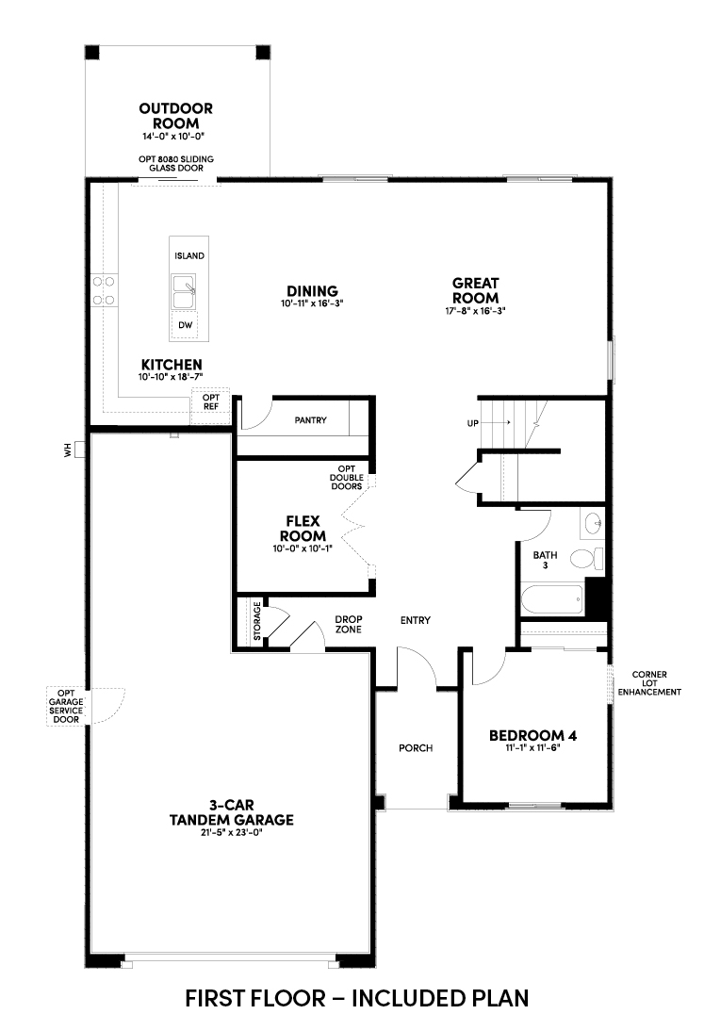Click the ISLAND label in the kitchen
click(189, 256)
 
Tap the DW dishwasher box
click(186, 324)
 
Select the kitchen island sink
click(184, 291)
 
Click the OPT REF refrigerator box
click(211, 406)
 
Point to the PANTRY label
click(310, 420)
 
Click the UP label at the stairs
click(472, 423)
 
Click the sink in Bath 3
click(592, 524)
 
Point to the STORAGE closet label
click(256, 621)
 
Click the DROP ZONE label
click(349, 624)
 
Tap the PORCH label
click(416, 748)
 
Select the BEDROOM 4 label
click(532, 735)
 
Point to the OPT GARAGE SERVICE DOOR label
click(66, 706)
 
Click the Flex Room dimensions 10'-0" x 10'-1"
click(303, 549)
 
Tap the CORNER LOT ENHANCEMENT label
click(649, 683)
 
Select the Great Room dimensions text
click(475, 310)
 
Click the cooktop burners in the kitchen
click(104, 290)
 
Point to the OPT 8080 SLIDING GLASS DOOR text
click(176, 164)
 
